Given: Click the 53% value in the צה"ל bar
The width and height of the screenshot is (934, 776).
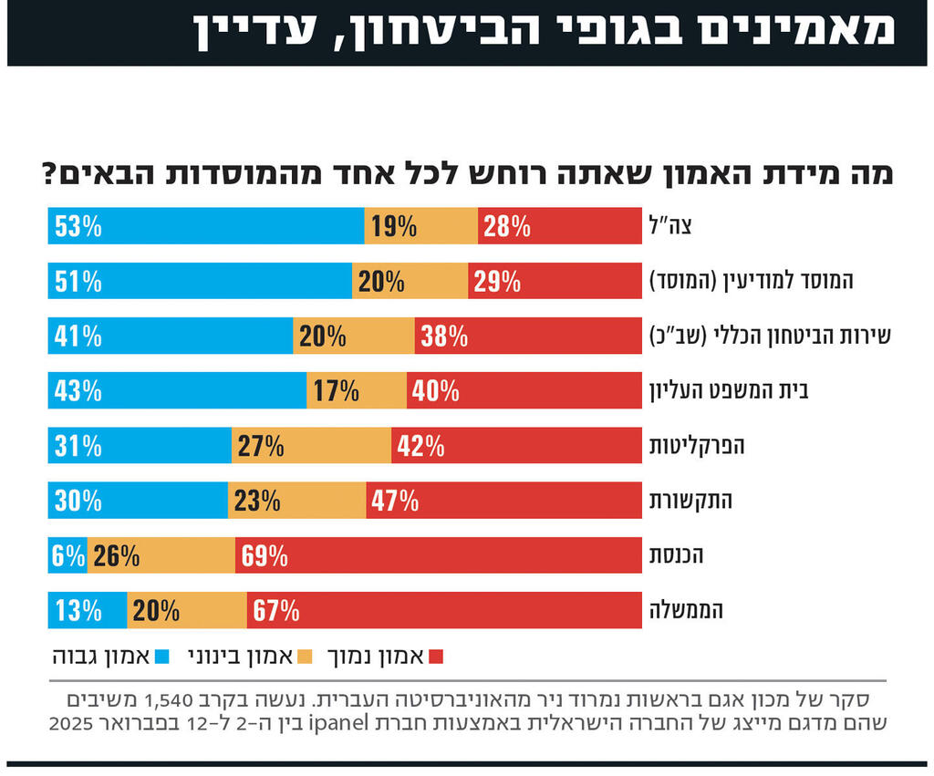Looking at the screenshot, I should pyautogui.click(x=78, y=226).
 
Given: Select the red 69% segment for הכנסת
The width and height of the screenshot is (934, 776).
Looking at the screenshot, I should pyautogui.click(x=438, y=555).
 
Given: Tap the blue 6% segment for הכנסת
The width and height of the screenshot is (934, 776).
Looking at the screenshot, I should pyautogui.click(x=67, y=555).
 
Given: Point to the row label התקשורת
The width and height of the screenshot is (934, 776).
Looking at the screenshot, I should pyautogui.click(x=690, y=501).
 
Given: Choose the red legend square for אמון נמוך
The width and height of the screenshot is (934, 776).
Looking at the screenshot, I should pyautogui.click(x=435, y=656).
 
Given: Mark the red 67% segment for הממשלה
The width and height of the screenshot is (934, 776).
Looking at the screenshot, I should pyautogui.click(x=443, y=610).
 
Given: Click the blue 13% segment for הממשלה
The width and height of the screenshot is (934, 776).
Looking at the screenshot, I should pyautogui.click(x=88, y=610).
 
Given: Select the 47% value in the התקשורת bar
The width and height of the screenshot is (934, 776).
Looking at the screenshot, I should pyautogui.click(x=395, y=501).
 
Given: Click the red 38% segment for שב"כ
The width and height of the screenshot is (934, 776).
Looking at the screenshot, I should pyautogui.click(x=528, y=336).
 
